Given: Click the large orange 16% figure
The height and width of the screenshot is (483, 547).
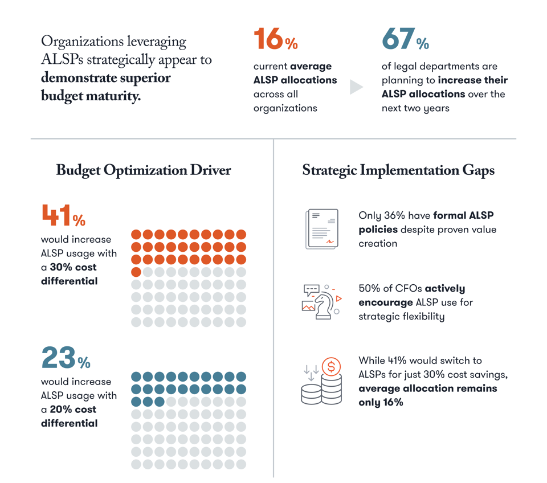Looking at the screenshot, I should click(275, 40).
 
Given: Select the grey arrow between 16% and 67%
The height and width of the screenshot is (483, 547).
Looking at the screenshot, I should click(356, 87).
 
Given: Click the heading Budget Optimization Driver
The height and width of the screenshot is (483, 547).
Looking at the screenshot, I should click(143, 170).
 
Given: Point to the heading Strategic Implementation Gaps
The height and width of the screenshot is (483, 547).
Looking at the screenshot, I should click(398, 170).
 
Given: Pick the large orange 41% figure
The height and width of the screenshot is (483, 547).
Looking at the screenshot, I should click(63, 216).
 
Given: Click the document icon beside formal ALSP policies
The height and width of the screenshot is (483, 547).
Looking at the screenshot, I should click(322, 229).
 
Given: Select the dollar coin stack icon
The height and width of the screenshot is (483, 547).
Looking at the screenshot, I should click(322, 382).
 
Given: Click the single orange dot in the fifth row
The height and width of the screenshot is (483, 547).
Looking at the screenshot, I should click(136, 272).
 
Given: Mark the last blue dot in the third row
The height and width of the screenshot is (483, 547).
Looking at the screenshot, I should click(160, 402).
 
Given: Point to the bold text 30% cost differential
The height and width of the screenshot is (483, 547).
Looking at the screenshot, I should click(68, 274).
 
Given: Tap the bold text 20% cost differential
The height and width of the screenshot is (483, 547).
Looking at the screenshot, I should click(68, 416).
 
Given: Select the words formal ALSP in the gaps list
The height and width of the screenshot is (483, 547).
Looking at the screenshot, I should click(463, 216).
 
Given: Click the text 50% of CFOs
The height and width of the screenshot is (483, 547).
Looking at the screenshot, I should click(390, 289).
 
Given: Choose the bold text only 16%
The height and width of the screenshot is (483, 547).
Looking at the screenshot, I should click(381, 402).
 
